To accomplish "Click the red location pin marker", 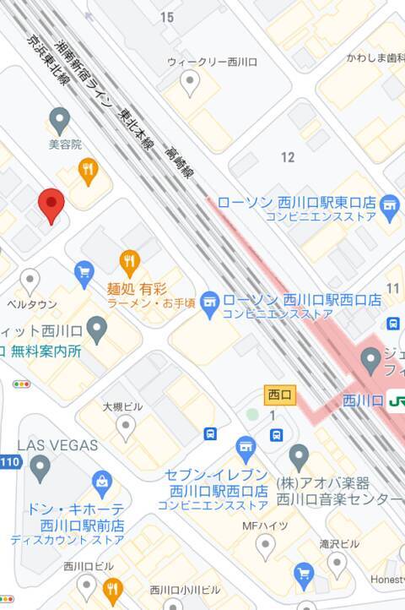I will point(51,204).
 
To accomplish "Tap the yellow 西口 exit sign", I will point(278,395).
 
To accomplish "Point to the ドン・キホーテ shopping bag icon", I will point(102,483).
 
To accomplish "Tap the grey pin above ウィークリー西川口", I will point(191,83).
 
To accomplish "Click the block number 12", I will point(289,157).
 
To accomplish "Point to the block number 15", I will point(166,17).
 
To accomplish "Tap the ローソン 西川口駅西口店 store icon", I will point(210,300).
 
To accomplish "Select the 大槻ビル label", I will point(123,406).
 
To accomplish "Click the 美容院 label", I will point(65,144).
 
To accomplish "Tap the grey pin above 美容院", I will point(59,119).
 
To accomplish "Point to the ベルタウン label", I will point(32,304).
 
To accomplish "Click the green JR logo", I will point(397,400).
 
